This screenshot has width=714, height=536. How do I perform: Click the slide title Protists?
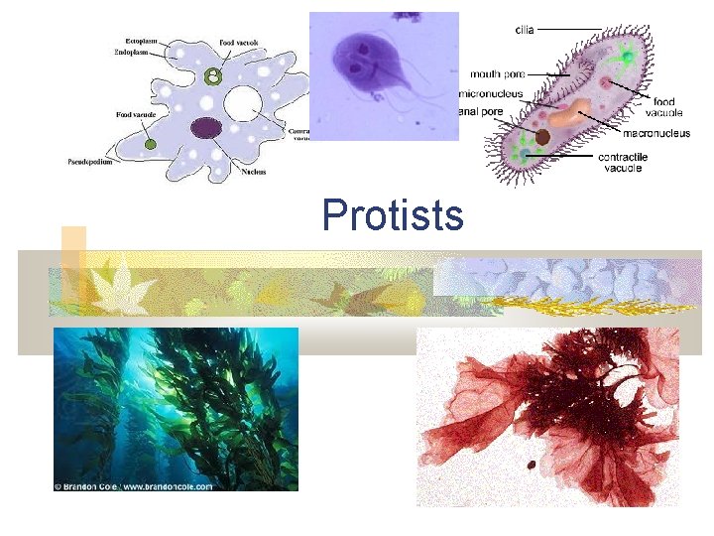[393, 214]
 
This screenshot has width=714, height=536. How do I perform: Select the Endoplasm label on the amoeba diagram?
[132, 53]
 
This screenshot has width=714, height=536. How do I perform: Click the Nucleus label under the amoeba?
[253, 172]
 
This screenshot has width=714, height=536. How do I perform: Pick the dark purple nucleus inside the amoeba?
[206, 127]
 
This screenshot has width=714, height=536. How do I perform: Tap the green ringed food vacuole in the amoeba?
[211, 76]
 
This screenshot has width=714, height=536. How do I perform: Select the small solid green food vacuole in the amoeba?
[151, 145]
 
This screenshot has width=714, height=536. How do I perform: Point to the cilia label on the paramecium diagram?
[523, 30]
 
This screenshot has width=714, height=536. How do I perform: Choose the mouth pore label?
[498, 73]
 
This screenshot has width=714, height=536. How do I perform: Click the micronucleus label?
[490, 94]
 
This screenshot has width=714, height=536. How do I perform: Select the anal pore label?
[483, 111]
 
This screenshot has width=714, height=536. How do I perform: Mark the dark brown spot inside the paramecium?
[543, 137]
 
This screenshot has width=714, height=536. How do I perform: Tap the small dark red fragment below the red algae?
[533, 464]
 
